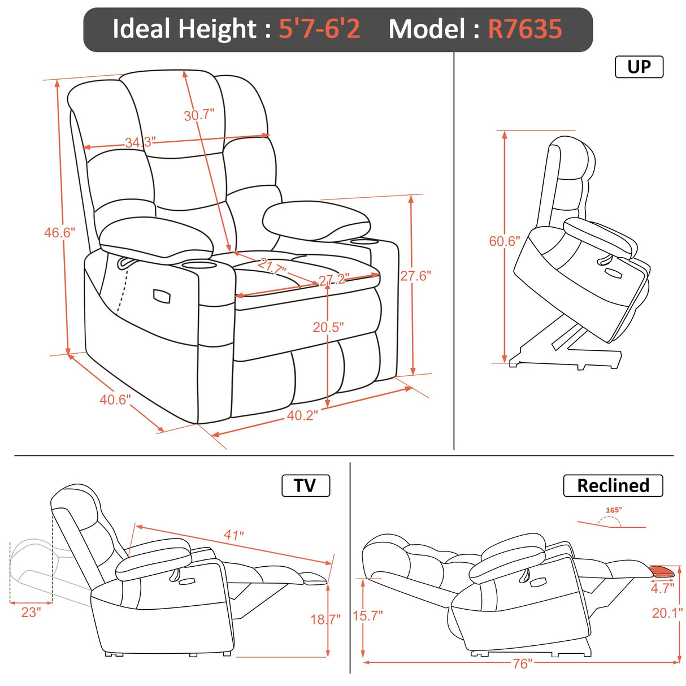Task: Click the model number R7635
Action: click(x=525, y=29)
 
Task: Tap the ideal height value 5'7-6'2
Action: click(x=319, y=29)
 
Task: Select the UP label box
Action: click(x=639, y=67)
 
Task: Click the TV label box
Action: click(x=305, y=485)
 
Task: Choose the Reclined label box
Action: click(x=613, y=485)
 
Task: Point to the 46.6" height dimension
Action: click(x=59, y=232)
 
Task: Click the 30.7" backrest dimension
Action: click(x=199, y=115)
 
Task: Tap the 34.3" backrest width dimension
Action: click(x=140, y=142)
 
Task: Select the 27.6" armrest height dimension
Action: click(x=416, y=276)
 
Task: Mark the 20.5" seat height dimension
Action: click(x=328, y=327)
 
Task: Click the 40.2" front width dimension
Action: click(x=302, y=415)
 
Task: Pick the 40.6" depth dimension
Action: click(x=115, y=400)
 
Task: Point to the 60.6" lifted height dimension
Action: click(x=504, y=241)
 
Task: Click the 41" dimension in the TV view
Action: click(x=233, y=535)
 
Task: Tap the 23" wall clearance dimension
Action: click(x=31, y=612)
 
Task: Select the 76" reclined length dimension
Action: click(x=522, y=663)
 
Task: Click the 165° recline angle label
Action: click(x=614, y=510)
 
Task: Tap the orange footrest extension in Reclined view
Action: click(x=662, y=571)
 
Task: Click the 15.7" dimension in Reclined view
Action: click(x=368, y=615)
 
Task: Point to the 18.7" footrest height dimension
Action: click(x=325, y=619)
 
